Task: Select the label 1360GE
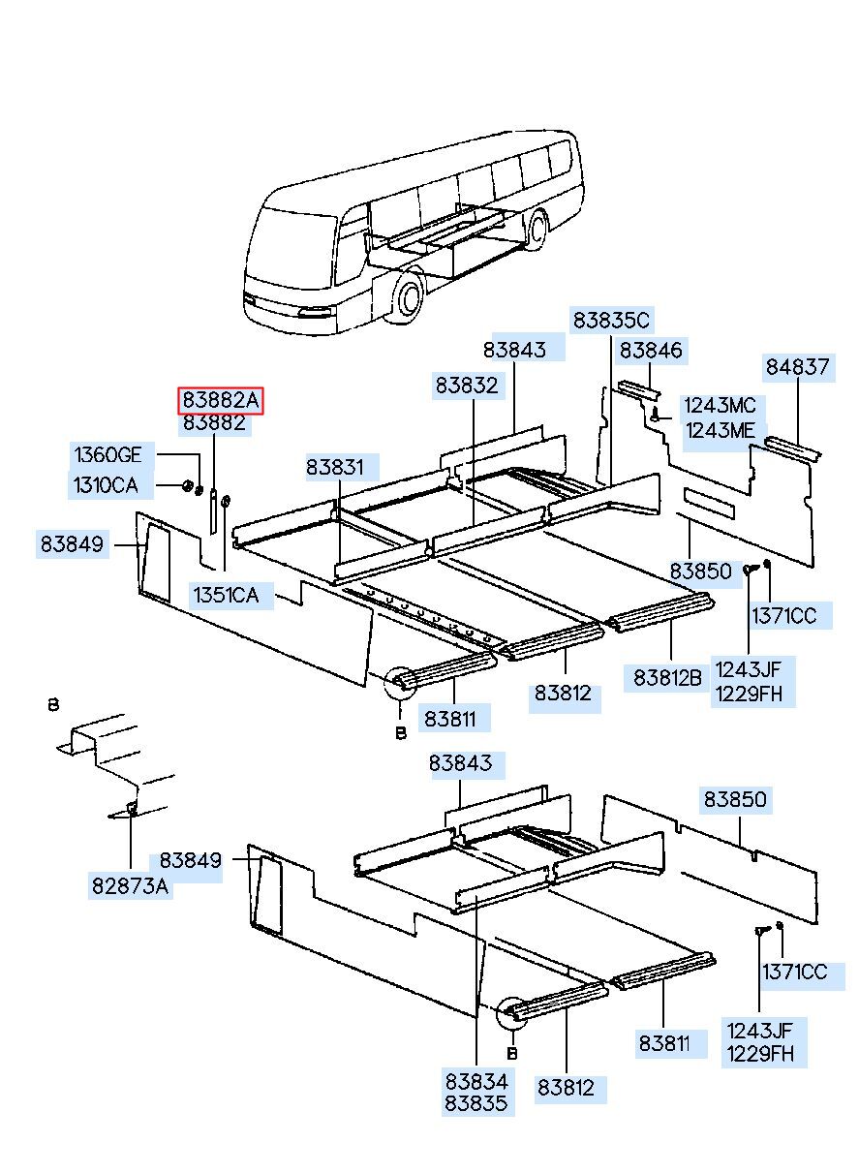click(x=107, y=455)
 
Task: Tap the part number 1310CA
click(x=106, y=484)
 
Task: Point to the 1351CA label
click(x=226, y=595)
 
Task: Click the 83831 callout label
click(x=335, y=467)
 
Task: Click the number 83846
click(x=651, y=351)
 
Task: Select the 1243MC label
click(x=719, y=406)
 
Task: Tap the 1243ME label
click(x=719, y=431)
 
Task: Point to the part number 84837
click(x=797, y=367)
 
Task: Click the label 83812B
click(x=667, y=677)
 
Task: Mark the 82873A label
click(x=131, y=885)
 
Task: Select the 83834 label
click(x=476, y=1080)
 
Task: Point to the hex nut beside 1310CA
click(x=186, y=484)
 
